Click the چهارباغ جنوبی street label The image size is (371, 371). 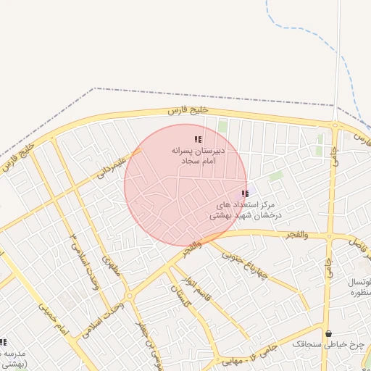click(243, 264)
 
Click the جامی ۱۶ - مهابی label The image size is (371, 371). click(255, 355)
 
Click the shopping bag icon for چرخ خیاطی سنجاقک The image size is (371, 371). click(330, 334)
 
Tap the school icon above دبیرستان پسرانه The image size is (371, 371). click(198, 139)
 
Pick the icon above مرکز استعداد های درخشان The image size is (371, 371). click(245, 193)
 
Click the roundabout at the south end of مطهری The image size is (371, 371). click(128, 296)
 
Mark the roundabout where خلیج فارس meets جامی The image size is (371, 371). click(334, 125)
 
